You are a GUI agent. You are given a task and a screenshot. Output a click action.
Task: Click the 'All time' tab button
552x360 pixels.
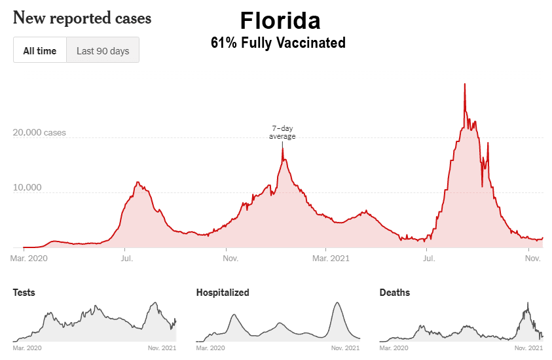pyautogui.click(x=40, y=50)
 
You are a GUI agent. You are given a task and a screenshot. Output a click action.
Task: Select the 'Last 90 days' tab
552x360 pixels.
pyautogui.click(x=103, y=50)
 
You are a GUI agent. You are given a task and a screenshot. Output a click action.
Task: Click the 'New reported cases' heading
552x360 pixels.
pyautogui.click(x=83, y=18)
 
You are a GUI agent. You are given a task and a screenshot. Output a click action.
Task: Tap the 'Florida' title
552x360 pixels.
pyautogui.click(x=280, y=21)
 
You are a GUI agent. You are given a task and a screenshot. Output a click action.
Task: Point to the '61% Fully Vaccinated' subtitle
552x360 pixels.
pyautogui.click(x=278, y=43)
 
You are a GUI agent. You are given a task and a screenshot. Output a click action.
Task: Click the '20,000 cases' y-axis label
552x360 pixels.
pyautogui.click(x=40, y=133)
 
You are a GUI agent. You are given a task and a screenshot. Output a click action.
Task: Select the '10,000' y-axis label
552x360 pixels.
pyautogui.click(x=28, y=188)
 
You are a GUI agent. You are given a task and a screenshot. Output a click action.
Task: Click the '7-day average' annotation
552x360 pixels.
pyautogui.click(x=283, y=132)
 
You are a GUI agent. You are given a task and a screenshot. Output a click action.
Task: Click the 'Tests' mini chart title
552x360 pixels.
pyautogui.click(x=24, y=293)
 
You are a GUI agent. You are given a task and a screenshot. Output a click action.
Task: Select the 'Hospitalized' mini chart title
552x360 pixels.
pyautogui.click(x=223, y=293)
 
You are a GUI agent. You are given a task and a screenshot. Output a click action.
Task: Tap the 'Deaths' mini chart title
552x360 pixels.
pyautogui.click(x=395, y=293)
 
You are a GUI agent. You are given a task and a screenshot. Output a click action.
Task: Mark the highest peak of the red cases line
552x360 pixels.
pyautogui.click(x=465, y=84)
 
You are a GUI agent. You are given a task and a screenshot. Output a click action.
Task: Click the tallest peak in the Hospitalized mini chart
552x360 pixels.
pyautogui.click(x=337, y=302)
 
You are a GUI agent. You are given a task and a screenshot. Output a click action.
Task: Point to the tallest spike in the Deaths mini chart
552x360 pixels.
pyautogui.click(x=527, y=302)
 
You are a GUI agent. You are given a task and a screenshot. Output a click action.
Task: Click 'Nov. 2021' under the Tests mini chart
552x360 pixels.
pyautogui.click(x=162, y=348)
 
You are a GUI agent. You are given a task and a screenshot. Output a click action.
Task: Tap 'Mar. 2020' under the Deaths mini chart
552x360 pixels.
pyautogui.click(x=394, y=348)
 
